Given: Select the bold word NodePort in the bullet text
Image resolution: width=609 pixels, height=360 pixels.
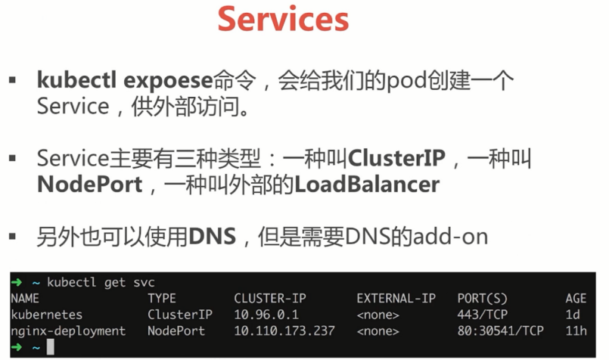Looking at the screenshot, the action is pos(90,185).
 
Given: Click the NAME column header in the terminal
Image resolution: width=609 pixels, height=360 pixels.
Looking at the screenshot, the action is pos(24,299).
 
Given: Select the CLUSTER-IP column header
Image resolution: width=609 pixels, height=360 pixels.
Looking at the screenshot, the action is pos(270,299).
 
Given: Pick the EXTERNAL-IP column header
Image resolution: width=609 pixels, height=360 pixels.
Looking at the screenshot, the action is pos(396,299).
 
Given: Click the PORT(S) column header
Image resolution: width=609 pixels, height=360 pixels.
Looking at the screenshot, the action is pos(482,299).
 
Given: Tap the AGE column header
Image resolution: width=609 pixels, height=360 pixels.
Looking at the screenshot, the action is pos(576,299).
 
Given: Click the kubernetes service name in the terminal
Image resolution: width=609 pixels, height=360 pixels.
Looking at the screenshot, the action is pos(47,315).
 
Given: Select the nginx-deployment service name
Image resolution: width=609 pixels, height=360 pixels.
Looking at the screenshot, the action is pos(68,331).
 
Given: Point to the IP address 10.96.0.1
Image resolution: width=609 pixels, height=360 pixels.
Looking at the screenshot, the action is pos(266,315).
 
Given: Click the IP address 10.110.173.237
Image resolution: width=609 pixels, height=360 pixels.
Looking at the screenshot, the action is pos(284,331).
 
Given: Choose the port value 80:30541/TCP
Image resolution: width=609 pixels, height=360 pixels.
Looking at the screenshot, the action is pos(500,331).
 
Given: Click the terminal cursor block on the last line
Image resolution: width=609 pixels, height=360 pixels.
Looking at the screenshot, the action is pos(50,347).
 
